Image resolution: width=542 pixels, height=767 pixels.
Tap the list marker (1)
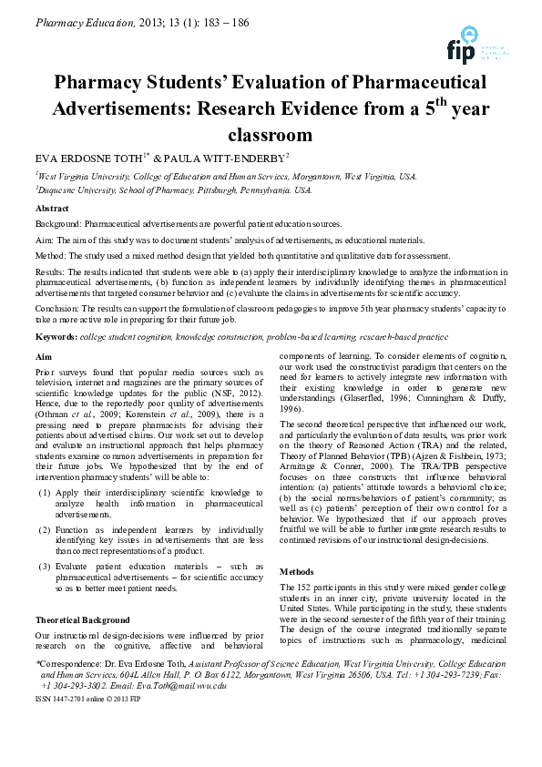point(45,492)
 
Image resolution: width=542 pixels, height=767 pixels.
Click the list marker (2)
point(45,529)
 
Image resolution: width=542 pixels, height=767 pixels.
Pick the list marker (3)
point(45,567)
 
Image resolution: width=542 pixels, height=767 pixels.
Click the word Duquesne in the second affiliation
point(64,190)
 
